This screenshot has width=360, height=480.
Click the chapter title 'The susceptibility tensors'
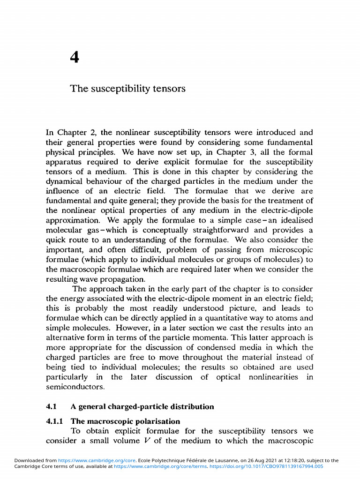pyautogui.click(x=127, y=89)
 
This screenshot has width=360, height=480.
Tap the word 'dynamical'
pyautogui.click(x=65, y=181)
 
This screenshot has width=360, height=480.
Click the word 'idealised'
pyautogui.click(x=293, y=220)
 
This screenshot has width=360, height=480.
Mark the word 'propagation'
pyautogui.click(x=112, y=278)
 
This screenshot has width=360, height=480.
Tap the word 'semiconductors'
pyautogui.click(x=75, y=387)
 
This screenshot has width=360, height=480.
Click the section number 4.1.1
pyautogui.click(x=55, y=421)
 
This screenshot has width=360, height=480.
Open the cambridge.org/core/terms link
pyautogui.click(x=161, y=466)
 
